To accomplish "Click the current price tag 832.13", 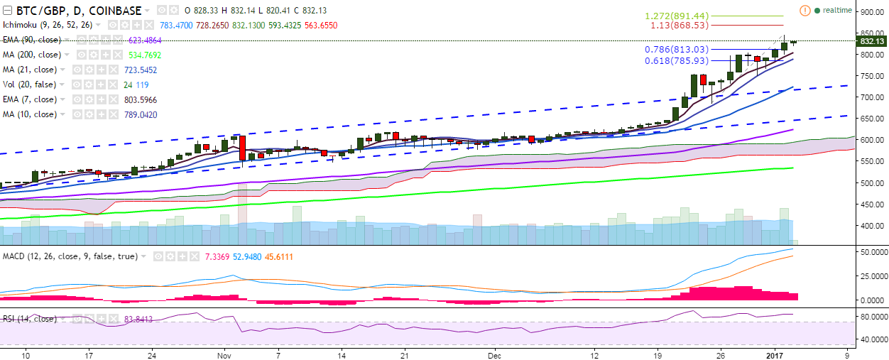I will point(871,41).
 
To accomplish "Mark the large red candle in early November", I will point(242,148).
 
